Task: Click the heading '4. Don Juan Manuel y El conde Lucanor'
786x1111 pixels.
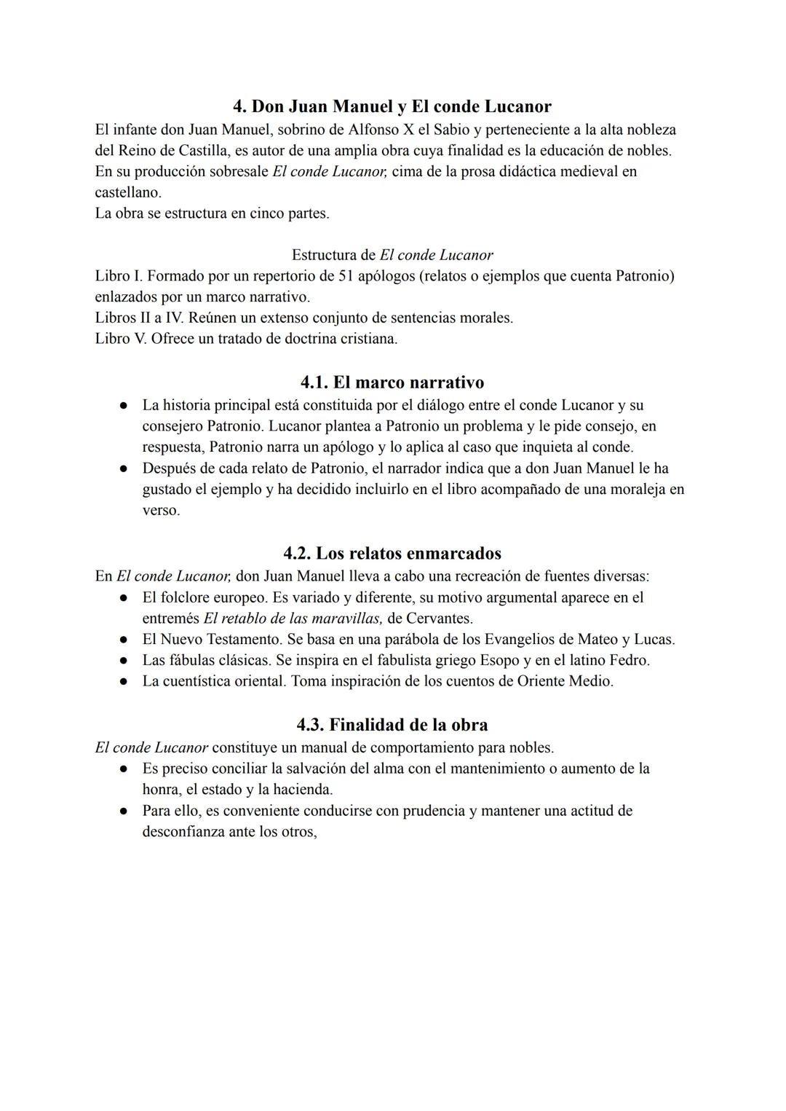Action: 392,106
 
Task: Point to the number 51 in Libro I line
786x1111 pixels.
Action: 347,276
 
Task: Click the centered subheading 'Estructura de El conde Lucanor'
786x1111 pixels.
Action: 392,255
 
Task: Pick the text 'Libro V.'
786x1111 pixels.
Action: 121,339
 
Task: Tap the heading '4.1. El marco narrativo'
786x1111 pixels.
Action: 392,382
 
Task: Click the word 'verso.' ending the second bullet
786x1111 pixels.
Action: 161,510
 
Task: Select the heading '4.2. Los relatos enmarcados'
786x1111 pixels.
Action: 392,553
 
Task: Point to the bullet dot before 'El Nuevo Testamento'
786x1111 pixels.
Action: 125,640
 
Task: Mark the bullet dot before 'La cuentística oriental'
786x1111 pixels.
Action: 125,682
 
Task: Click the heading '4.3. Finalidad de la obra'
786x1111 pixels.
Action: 392,725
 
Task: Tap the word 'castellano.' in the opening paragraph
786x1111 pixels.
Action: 128,192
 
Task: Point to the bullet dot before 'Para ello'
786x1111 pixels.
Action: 125,811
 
